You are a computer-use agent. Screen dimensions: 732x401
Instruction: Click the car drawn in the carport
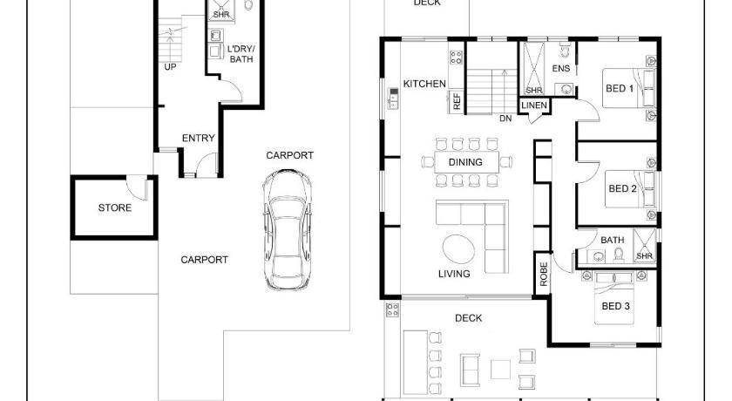287,229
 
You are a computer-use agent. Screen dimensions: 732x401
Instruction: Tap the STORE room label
114,207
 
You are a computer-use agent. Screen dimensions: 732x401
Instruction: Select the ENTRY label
199,139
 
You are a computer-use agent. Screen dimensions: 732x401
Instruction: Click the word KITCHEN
424,84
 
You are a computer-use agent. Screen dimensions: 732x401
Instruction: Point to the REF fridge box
457,101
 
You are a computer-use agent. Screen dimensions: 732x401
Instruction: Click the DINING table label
465,162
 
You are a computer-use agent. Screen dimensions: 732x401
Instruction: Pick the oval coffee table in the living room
459,248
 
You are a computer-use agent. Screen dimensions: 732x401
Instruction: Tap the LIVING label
454,274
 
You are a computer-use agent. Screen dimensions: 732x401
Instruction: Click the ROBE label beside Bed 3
544,274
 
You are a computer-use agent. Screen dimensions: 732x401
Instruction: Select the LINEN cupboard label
534,105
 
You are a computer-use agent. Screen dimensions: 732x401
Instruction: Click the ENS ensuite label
560,69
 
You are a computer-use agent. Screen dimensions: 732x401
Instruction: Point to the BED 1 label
620,88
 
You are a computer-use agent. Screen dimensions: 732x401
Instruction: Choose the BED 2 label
622,188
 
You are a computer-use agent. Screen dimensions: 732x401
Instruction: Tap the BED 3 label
616,306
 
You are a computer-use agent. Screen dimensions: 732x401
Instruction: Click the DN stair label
505,119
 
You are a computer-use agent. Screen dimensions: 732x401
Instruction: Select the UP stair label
171,67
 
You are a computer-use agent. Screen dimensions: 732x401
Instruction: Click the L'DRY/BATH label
241,54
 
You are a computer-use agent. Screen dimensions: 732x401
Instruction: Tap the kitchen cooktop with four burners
456,58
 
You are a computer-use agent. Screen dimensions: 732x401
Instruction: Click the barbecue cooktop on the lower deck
392,309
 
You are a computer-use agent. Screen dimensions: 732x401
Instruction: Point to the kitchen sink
394,98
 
